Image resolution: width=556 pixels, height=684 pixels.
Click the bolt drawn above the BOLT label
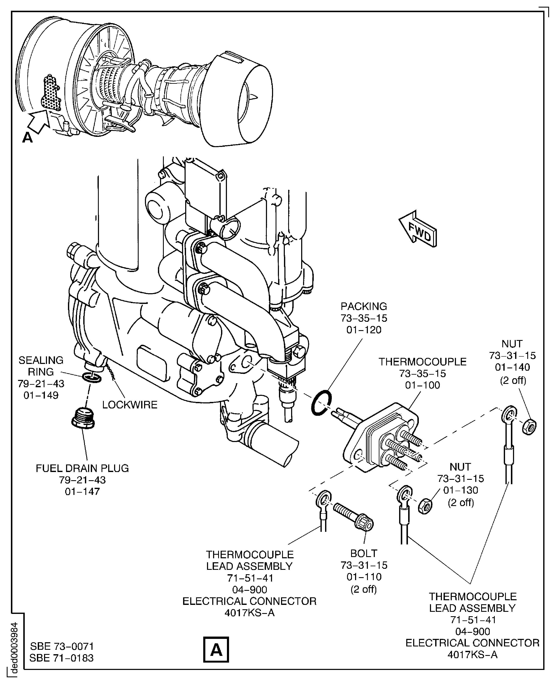tap(354, 515)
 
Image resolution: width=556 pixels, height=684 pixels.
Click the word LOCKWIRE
tap(130, 405)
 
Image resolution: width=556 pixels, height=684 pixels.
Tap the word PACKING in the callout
tap(363, 306)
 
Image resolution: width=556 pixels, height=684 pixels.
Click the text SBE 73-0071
tap(62, 646)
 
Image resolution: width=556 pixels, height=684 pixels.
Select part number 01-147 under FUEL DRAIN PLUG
tap(82, 491)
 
